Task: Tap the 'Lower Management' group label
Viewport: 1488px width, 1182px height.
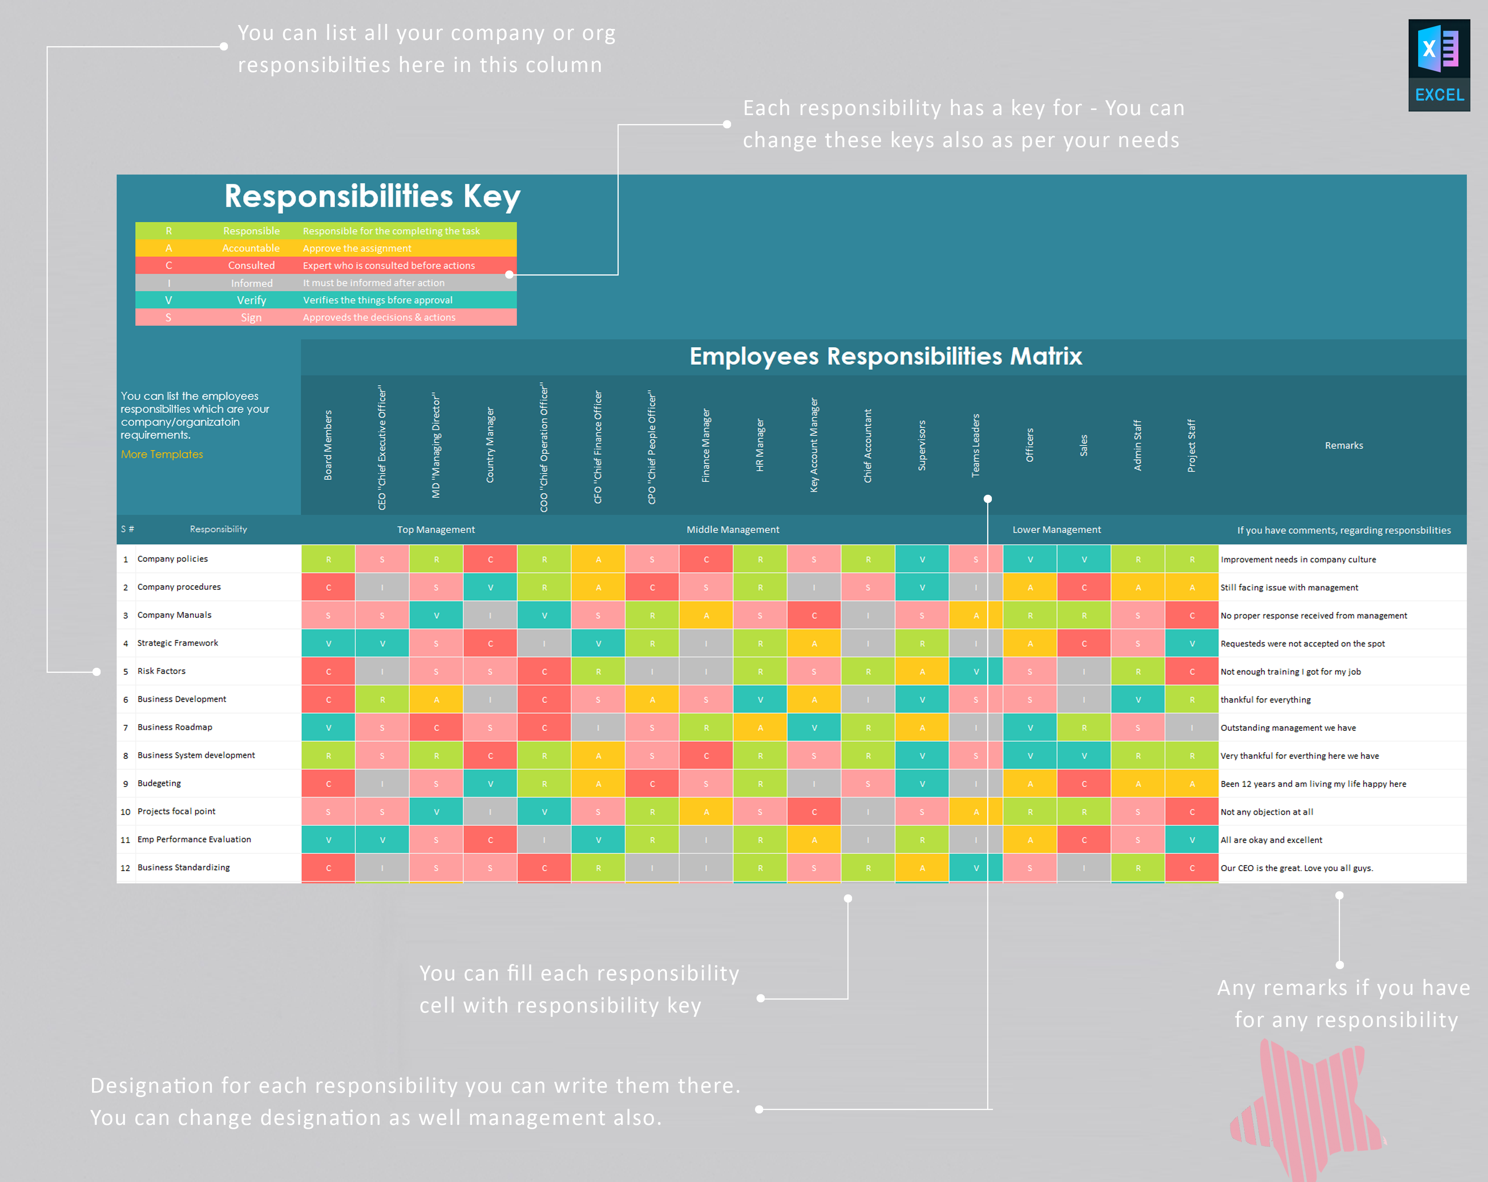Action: [1056, 529]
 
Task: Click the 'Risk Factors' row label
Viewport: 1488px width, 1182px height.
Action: [161, 671]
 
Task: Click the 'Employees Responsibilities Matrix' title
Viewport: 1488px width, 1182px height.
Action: [885, 357]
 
